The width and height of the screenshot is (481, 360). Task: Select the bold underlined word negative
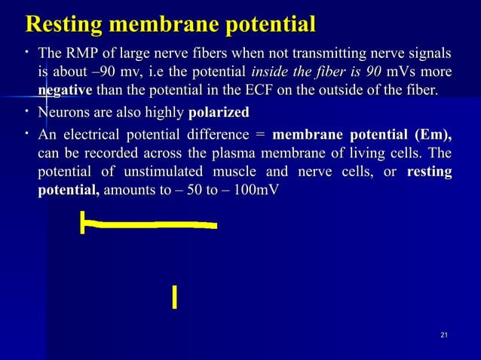coord(65,91)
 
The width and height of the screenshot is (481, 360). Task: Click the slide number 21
coord(443,334)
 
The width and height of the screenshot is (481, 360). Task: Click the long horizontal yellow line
coord(151,224)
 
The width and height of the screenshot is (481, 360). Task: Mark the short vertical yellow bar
coord(174,297)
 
